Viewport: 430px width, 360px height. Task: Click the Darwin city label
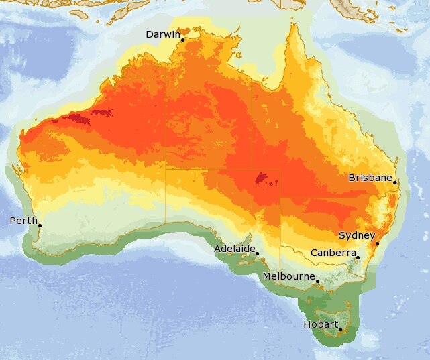tap(163, 34)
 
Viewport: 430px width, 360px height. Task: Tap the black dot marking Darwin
tap(182, 40)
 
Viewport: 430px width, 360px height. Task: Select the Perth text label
tap(23, 221)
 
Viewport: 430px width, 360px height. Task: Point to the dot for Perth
tap(40, 225)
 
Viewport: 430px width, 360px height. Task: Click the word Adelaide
tap(235, 249)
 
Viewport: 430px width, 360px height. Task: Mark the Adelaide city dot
tap(258, 254)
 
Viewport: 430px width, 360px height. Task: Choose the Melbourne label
tap(289, 276)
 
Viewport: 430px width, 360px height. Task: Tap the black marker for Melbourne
tap(317, 281)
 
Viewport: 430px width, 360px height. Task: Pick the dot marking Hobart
tap(340, 329)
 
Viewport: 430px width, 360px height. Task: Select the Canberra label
tap(333, 253)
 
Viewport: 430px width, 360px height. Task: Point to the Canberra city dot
tap(358, 257)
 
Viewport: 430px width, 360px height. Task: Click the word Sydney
tap(356, 235)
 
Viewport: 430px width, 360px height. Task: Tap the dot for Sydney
tap(377, 243)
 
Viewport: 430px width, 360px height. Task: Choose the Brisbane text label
tap(370, 178)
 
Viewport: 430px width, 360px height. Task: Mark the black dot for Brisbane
tap(395, 182)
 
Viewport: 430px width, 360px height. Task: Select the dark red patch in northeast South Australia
tap(262, 178)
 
